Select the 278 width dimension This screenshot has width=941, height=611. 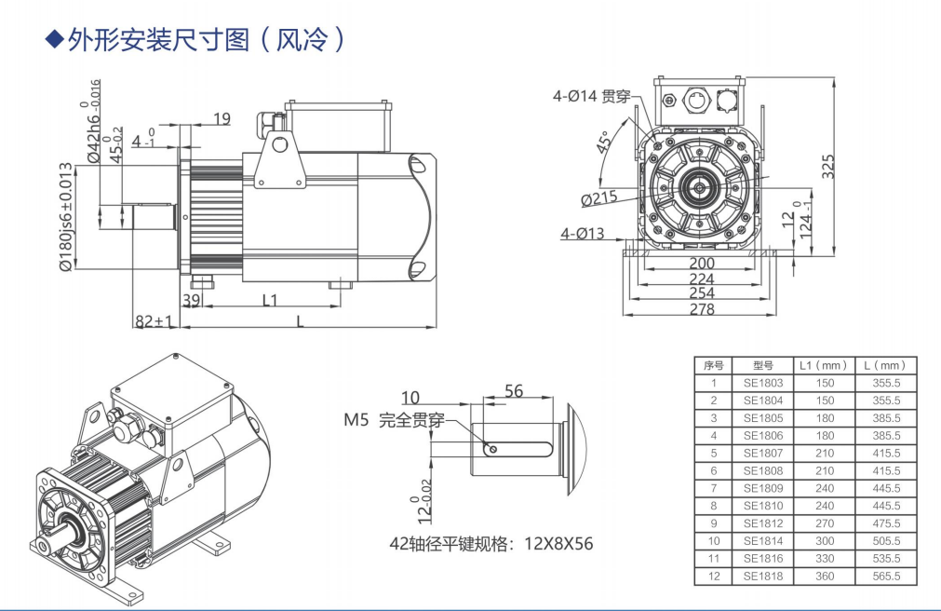pyautogui.click(x=701, y=310)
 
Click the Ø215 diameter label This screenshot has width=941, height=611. pyautogui.click(x=599, y=199)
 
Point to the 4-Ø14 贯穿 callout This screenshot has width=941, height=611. pyautogui.click(x=592, y=96)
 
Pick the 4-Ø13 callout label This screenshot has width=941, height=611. pyautogui.click(x=582, y=234)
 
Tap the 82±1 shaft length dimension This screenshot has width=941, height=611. pyautogui.click(x=155, y=321)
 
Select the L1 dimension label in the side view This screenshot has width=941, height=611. pyautogui.click(x=271, y=301)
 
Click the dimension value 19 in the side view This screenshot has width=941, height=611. pyautogui.click(x=222, y=118)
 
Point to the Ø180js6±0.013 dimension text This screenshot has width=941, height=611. pyautogui.click(x=66, y=218)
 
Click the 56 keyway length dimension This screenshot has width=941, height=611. pyautogui.click(x=513, y=391)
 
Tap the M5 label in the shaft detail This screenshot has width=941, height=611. pyautogui.click(x=356, y=420)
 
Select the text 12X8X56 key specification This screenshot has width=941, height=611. pyautogui.click(x=559, y=544)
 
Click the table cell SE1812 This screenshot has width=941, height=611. pyautogui.click(x=762, y=523)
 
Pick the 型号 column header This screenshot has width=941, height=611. pyautogui.click(x=762, y=365)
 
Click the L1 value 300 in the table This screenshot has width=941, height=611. pyautogui.click(x=824, y=541)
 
